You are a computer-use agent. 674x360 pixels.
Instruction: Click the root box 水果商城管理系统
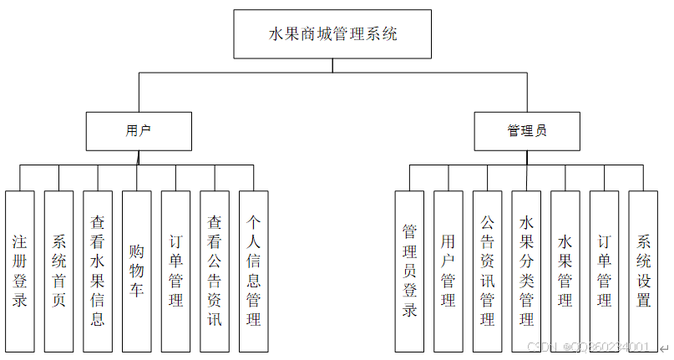(332, 34)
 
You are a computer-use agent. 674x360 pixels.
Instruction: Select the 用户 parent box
(139, 130)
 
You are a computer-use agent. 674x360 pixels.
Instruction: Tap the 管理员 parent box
(528, 130)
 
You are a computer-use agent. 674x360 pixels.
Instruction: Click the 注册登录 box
(20, 271)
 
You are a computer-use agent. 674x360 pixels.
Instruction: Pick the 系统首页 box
(59, 271)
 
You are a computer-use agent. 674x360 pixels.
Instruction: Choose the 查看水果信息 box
(98, 271)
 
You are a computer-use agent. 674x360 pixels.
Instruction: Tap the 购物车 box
(137, 271)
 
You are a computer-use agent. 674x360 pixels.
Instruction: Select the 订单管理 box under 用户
(176, 271)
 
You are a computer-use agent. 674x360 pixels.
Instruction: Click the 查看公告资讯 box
(215, 271)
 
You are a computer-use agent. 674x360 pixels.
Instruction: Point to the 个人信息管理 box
(254, 271)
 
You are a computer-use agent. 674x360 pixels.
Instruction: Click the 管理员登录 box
(410, 271)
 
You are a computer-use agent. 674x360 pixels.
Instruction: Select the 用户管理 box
(448, 271)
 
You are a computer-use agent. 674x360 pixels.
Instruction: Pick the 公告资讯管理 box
(488, 271)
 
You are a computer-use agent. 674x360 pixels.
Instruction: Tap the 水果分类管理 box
(527, 271)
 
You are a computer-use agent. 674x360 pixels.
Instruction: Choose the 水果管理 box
(565, 271)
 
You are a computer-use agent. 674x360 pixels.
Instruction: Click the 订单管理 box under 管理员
(605, 271)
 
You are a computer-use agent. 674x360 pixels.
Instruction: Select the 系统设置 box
(644, 271)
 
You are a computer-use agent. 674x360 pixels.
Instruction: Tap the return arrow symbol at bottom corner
(664, 347)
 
